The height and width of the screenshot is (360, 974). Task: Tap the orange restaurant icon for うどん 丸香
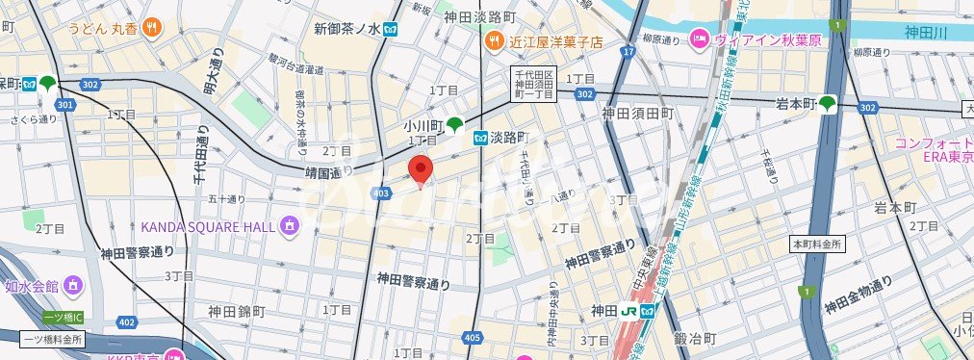coord(150,29)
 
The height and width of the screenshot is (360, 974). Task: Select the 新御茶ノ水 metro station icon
coord(390,29)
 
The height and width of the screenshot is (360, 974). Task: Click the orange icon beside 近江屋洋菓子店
coord(494,41)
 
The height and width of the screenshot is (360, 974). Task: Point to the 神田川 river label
coord(928,33)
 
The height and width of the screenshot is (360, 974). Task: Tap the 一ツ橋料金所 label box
coord(52,339)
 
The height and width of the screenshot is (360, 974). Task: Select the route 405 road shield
coord(472,337)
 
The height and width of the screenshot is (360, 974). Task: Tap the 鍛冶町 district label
coord(696,339)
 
